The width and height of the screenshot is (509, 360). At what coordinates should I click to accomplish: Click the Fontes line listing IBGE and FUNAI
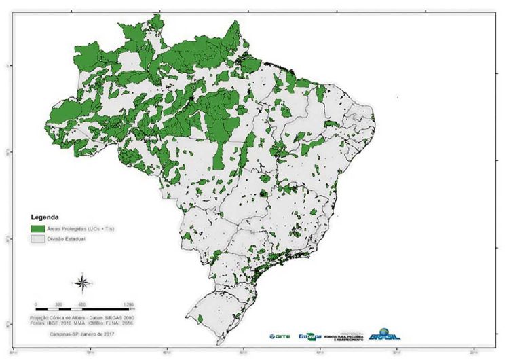(x=81, y=324)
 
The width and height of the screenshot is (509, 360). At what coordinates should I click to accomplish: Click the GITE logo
(x=280, y=336)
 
